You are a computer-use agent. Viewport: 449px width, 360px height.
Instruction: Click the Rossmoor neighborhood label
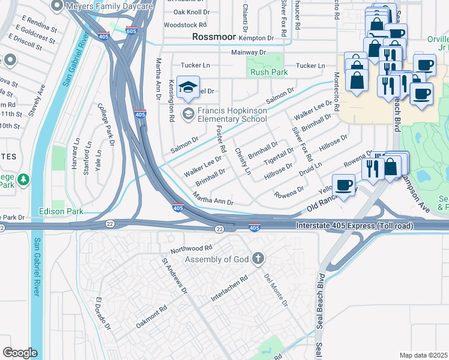(215, 37)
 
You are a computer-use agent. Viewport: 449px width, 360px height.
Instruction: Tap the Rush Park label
(269, 73)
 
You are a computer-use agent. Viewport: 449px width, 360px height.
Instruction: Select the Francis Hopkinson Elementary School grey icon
(188, 113)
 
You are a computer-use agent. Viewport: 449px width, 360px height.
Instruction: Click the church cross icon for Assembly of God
(258, 259)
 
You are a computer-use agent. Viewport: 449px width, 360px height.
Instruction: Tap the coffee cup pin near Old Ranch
(343, 185)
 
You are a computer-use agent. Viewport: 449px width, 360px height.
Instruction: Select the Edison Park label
(61, 211)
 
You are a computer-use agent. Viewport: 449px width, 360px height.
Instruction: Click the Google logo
(20, 353)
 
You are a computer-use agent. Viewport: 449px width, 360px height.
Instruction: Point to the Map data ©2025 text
(423, 355)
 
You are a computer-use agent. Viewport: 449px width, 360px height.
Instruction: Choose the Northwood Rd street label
(191, 247)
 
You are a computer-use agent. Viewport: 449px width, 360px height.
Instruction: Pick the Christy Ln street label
(243, 161)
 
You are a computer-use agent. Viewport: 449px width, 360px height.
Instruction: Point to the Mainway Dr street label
(249, 53)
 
